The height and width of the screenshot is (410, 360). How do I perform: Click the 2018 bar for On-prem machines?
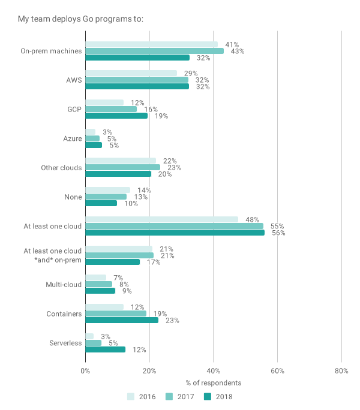137,58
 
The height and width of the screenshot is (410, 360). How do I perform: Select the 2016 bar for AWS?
131,73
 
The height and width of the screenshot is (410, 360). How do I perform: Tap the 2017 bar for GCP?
111,109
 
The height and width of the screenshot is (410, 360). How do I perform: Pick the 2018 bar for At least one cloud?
175,233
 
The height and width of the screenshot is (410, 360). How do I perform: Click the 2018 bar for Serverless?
105,349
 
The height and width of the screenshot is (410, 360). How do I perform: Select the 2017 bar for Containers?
116,313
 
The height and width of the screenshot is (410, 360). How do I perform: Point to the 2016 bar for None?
107,189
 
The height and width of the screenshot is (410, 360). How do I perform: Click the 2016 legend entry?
140,396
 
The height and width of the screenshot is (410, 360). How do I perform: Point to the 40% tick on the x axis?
213,370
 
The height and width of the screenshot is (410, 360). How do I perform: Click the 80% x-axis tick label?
341,370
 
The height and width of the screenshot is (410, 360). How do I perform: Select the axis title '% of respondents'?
213,383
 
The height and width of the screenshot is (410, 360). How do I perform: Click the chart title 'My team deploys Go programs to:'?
80,19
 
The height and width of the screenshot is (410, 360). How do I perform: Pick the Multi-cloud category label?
64,284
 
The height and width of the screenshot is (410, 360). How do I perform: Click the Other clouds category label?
61,168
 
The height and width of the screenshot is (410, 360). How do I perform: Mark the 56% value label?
278,233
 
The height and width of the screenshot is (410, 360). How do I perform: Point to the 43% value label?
237,51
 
